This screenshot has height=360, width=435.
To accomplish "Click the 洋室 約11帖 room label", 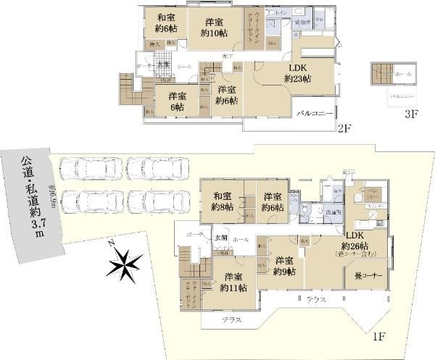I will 233,282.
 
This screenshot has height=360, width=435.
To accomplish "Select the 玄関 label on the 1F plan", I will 220,239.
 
